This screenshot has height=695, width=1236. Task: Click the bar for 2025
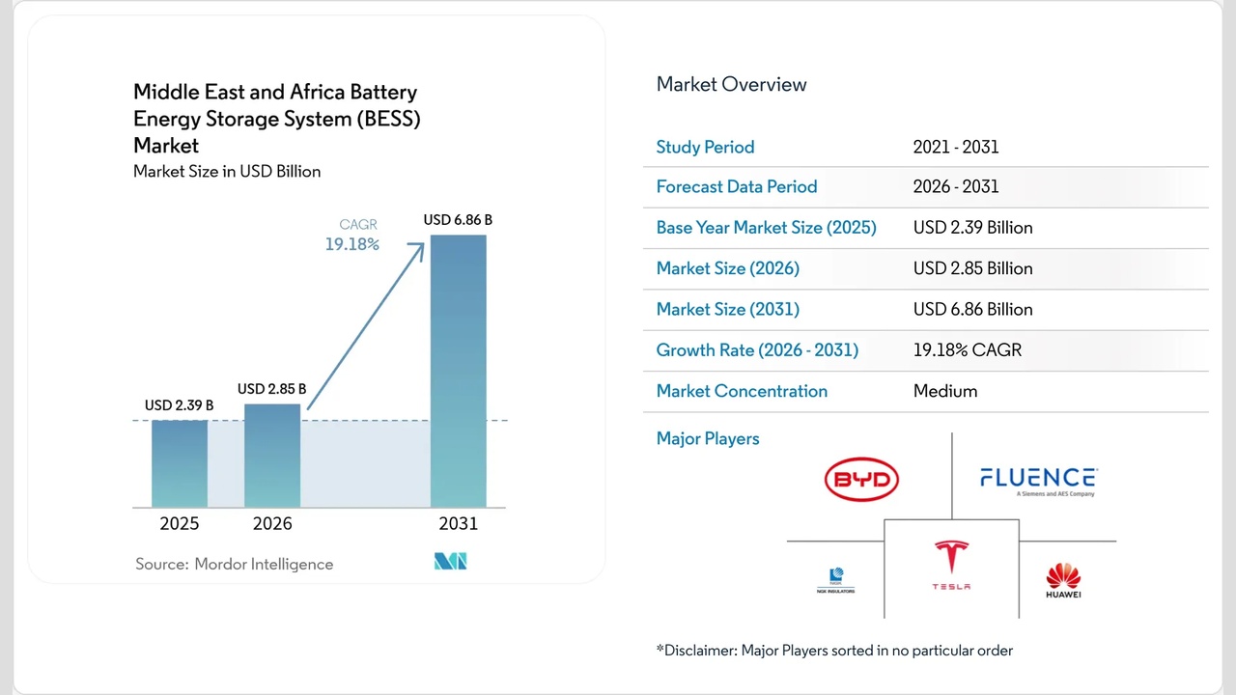180,463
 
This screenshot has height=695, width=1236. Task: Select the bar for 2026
272,455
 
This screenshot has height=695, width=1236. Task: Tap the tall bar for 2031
458,372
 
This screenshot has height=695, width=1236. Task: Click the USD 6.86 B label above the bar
458,220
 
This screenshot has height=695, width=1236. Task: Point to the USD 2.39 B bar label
180,405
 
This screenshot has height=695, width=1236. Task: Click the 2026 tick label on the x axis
272,524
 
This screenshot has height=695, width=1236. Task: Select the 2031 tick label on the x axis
458,524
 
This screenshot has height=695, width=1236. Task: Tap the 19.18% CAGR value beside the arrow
351,245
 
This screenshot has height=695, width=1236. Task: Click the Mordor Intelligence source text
234,564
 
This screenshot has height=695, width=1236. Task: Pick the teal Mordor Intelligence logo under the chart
450,561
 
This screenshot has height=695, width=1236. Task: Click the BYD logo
861,480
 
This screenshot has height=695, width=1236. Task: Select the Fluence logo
1038,480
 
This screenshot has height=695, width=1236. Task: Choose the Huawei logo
1063,580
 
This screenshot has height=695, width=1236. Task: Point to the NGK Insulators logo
835,580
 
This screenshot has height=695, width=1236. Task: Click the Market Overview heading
731,84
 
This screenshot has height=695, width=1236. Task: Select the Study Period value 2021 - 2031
956,147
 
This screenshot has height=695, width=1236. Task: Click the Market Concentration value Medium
945,391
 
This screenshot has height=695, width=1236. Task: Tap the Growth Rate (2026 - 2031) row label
757,349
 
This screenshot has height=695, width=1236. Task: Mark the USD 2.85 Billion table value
972,268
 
